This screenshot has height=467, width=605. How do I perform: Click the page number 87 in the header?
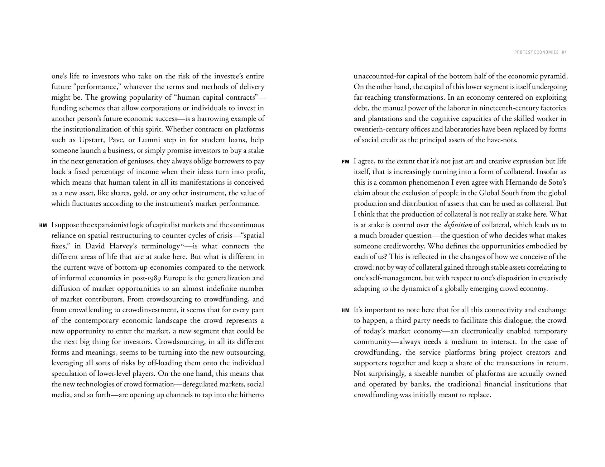pos(564,52)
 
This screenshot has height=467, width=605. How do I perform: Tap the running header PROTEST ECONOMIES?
pos(536,52)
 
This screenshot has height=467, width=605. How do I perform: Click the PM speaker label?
pos(345,162)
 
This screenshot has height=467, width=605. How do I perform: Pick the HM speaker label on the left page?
pos(43,225)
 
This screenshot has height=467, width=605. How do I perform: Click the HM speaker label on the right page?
pos(345,310)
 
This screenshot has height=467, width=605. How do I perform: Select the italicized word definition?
pos(458,225)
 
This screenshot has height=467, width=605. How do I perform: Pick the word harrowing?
pos(214,119)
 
